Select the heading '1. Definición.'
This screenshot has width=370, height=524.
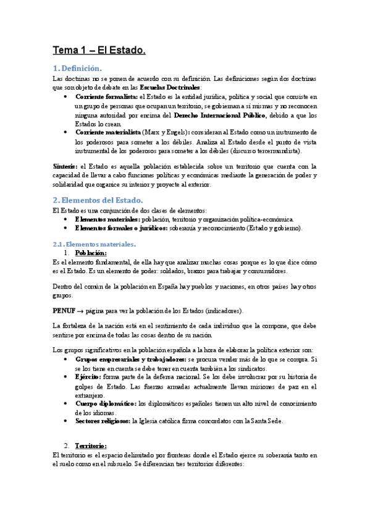click(77, 68)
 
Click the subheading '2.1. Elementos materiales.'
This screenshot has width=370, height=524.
click(93, 244)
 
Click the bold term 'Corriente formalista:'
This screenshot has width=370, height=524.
click(106, 97)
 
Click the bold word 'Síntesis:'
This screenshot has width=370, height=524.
click(65, 166)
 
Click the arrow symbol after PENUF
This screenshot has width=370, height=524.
click(81, 310)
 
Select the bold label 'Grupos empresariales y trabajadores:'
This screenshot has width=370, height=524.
click(130, 358)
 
